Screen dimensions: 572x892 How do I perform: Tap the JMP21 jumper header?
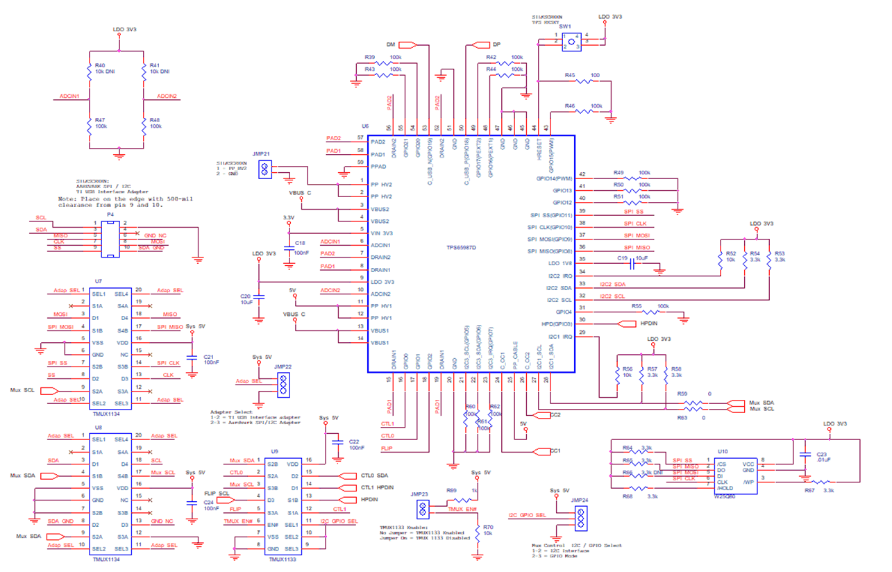(264, 169)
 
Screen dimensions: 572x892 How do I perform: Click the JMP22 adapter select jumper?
(283, 385)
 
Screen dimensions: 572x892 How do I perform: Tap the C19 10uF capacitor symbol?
(632, 264)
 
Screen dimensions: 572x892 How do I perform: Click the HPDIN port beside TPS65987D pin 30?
(627, 324)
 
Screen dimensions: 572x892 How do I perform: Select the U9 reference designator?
(274, 451)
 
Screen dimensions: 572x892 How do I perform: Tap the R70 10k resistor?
(477, 532)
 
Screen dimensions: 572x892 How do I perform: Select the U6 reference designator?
(365, 126)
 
